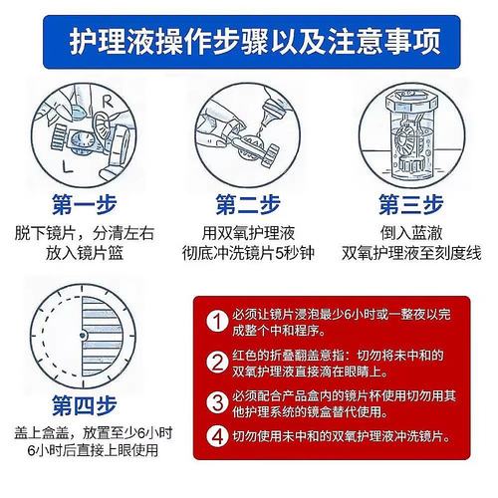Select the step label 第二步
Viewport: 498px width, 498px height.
click(249, 205)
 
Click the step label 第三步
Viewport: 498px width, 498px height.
click(410, 205)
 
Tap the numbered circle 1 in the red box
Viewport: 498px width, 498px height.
click(216, 321)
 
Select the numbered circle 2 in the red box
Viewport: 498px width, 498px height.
click(216, 360)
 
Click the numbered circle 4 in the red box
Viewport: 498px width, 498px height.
click(216, 436)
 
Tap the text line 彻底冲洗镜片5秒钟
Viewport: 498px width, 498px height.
click(249, 253)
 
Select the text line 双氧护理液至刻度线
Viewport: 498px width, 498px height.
click(410, 253)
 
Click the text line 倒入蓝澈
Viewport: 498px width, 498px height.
click(410, 232)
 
